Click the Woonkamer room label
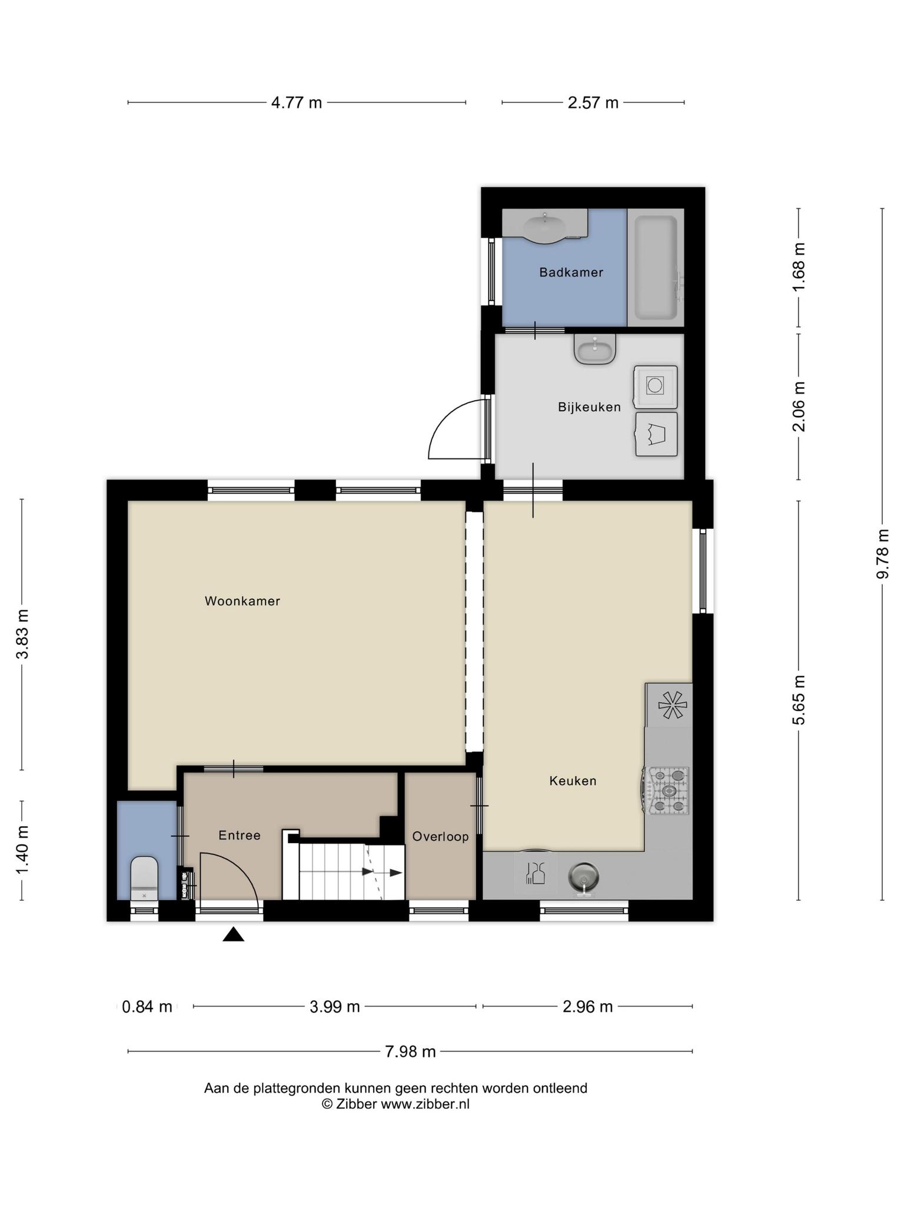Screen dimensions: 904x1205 tap(242, 601)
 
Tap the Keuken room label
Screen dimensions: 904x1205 tap(573, 781)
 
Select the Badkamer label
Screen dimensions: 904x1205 tap(571, 272)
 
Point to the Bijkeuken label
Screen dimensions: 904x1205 tap(589, 407)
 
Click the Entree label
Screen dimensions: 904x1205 tap(240, 835)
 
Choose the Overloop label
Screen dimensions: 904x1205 tap(440, 837)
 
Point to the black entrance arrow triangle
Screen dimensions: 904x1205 tap(233, 934)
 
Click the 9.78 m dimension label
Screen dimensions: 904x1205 tap(882, 554)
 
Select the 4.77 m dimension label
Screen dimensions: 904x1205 tap(297, 103)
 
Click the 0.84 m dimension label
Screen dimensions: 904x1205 tap(147, 1007)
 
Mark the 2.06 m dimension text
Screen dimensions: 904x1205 tap(799, 407)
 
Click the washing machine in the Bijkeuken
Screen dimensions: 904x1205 tap(656, 387)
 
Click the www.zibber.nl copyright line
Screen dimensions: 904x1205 tap(395, 1104)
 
